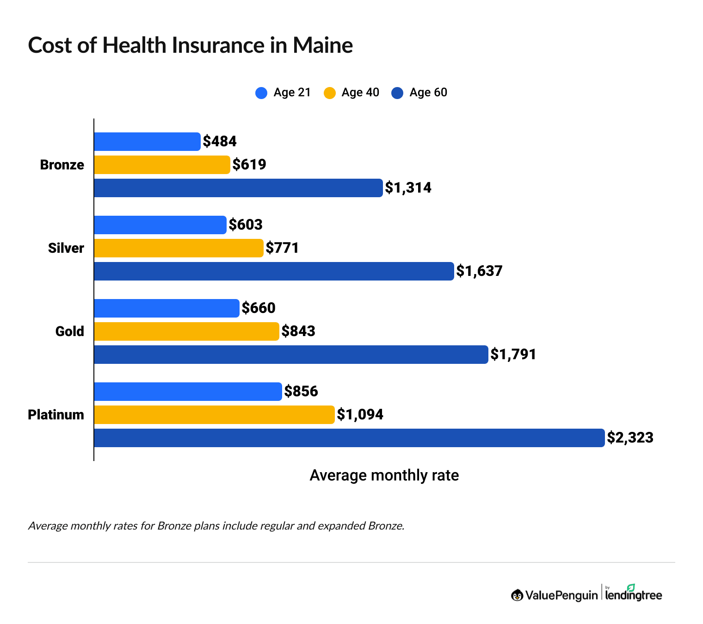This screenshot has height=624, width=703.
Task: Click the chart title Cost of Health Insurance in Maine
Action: (x=190, y=45)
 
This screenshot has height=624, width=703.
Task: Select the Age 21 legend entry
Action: (x=283, y=93)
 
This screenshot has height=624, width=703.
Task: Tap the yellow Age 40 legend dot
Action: (x=329, y=93)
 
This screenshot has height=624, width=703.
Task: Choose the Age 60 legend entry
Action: (x=419, y=93)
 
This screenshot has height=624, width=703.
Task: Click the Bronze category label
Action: (x=62, y=165)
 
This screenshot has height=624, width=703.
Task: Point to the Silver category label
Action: (x=66, y=248)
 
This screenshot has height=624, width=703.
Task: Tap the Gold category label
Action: (x=69, y=331)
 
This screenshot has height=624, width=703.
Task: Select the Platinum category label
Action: (x=56, y=415)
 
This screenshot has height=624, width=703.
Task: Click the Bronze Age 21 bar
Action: (x=147, y=142)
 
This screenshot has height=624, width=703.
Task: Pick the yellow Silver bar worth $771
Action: (x=179, y=248)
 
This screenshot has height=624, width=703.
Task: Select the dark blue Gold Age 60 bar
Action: (x=291, y=355)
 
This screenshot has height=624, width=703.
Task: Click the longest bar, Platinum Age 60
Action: (x=349, y=438)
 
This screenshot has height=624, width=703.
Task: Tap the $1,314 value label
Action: (x=408, y=188)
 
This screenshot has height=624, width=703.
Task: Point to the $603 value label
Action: (x=246, y=225)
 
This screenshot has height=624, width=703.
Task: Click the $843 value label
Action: (x=298, y=331)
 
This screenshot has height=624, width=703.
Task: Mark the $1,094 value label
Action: (x=360, y=415)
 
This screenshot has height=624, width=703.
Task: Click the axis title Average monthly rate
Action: (x=384, y=475)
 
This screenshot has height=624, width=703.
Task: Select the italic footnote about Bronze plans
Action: (x=216, y=526)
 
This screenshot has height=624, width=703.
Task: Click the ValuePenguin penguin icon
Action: (x=517, y=595)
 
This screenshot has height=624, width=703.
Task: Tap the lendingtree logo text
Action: (x=634, y=595)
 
